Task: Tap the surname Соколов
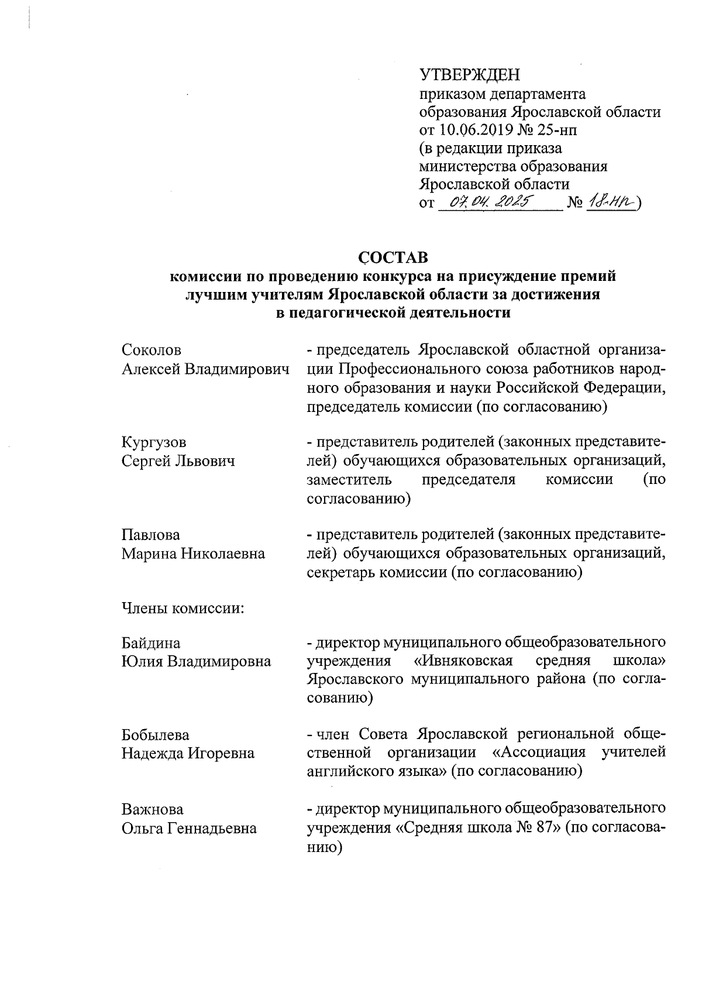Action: coord(152,350)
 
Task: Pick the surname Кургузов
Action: coord(154,442)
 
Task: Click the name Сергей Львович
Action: coord(178,461)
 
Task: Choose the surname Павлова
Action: coord(151,535)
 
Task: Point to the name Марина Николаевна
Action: coord(193,554)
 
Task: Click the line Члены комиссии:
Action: coord(183,609)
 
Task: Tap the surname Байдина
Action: coord(151,643)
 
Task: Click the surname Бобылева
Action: coord(156,735)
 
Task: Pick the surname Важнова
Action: coord(152,809)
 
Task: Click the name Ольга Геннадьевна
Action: coord(189,828)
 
